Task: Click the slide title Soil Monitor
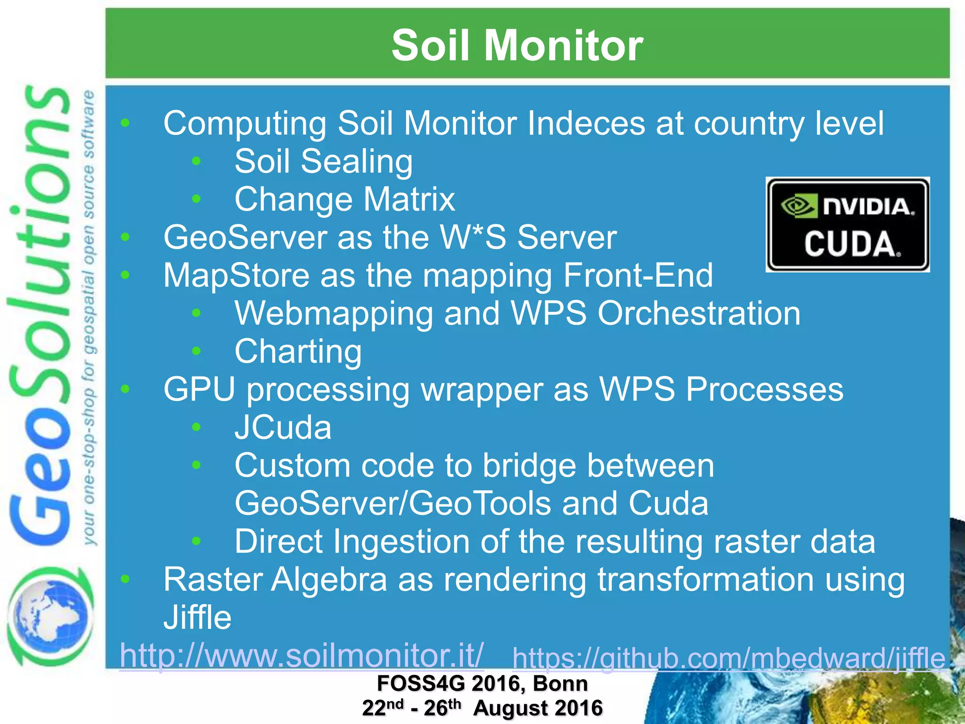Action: pos(517,45)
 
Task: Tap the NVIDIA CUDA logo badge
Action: pos(847,225)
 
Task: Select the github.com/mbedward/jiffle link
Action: pos(728,658)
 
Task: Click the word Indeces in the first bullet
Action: pos(586,123)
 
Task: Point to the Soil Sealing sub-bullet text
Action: pos(323,162)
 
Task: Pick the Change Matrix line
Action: pos(344,199)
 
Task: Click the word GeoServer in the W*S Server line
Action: pos(245,237)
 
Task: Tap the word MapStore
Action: pos(236,275)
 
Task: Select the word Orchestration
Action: pos(699,313)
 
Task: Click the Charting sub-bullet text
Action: pos(298,352)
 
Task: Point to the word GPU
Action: pos(199,390)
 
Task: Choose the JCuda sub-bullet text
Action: pos(283,428)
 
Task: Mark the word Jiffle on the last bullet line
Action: pos(197,617)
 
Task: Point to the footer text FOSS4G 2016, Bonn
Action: pos(482,684)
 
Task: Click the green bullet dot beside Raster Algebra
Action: pos(125,579)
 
